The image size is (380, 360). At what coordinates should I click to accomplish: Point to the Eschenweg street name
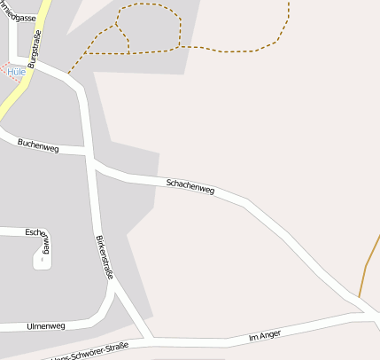pyautogui.click(x=41, y=234)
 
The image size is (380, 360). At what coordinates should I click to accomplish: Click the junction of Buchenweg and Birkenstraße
pyautogui.click(x=90, y=154)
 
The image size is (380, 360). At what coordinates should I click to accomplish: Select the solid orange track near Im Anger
pyautogui.click(x=363, y=279)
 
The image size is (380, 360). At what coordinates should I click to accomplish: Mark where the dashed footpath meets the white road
pyautogui.click(x=68, y=74)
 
